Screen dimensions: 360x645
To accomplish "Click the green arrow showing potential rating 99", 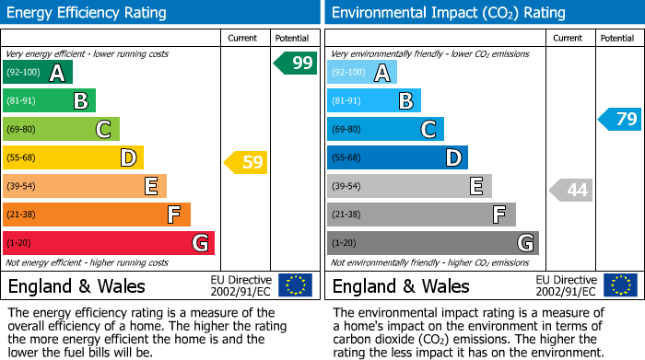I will click(x=296, y=64).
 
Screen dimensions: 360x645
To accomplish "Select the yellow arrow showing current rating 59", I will click(x=246, y=163).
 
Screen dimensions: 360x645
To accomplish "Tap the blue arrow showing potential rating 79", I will click(x=619, y=119).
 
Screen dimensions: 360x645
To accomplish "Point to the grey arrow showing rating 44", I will click(x=571, y=191).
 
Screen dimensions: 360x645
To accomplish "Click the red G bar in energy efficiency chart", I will click(x=109, y=243).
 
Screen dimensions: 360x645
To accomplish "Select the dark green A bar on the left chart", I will click(x=38, y=73).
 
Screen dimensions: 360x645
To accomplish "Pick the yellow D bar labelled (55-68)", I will click(x=73, y=158).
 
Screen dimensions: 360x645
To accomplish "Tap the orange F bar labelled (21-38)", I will click(x=97, y=215).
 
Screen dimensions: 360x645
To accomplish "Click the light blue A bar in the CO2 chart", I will click(x=362, y=73).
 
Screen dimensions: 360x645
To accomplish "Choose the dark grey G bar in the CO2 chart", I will click(x=432, y=243).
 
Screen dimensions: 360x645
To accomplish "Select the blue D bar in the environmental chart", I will click(x=397, y=158).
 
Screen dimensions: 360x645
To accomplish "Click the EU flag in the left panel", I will click(x=295, y=285).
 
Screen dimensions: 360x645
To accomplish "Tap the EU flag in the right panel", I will click(x=620, y=285).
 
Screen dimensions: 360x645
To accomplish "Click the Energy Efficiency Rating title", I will click(x=88, y=13).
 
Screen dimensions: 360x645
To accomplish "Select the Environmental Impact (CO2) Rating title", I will click(x=448, y=13).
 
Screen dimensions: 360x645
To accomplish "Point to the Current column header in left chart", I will click(x=243, y=38).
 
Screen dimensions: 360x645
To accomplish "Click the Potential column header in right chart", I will click(x=617, y=38).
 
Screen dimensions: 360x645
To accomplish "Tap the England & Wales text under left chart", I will click(x=76, y=286).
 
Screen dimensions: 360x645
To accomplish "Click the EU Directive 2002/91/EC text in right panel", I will click(x=565, y=285).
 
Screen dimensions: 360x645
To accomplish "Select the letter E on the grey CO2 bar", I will click(x=475, y=186).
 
